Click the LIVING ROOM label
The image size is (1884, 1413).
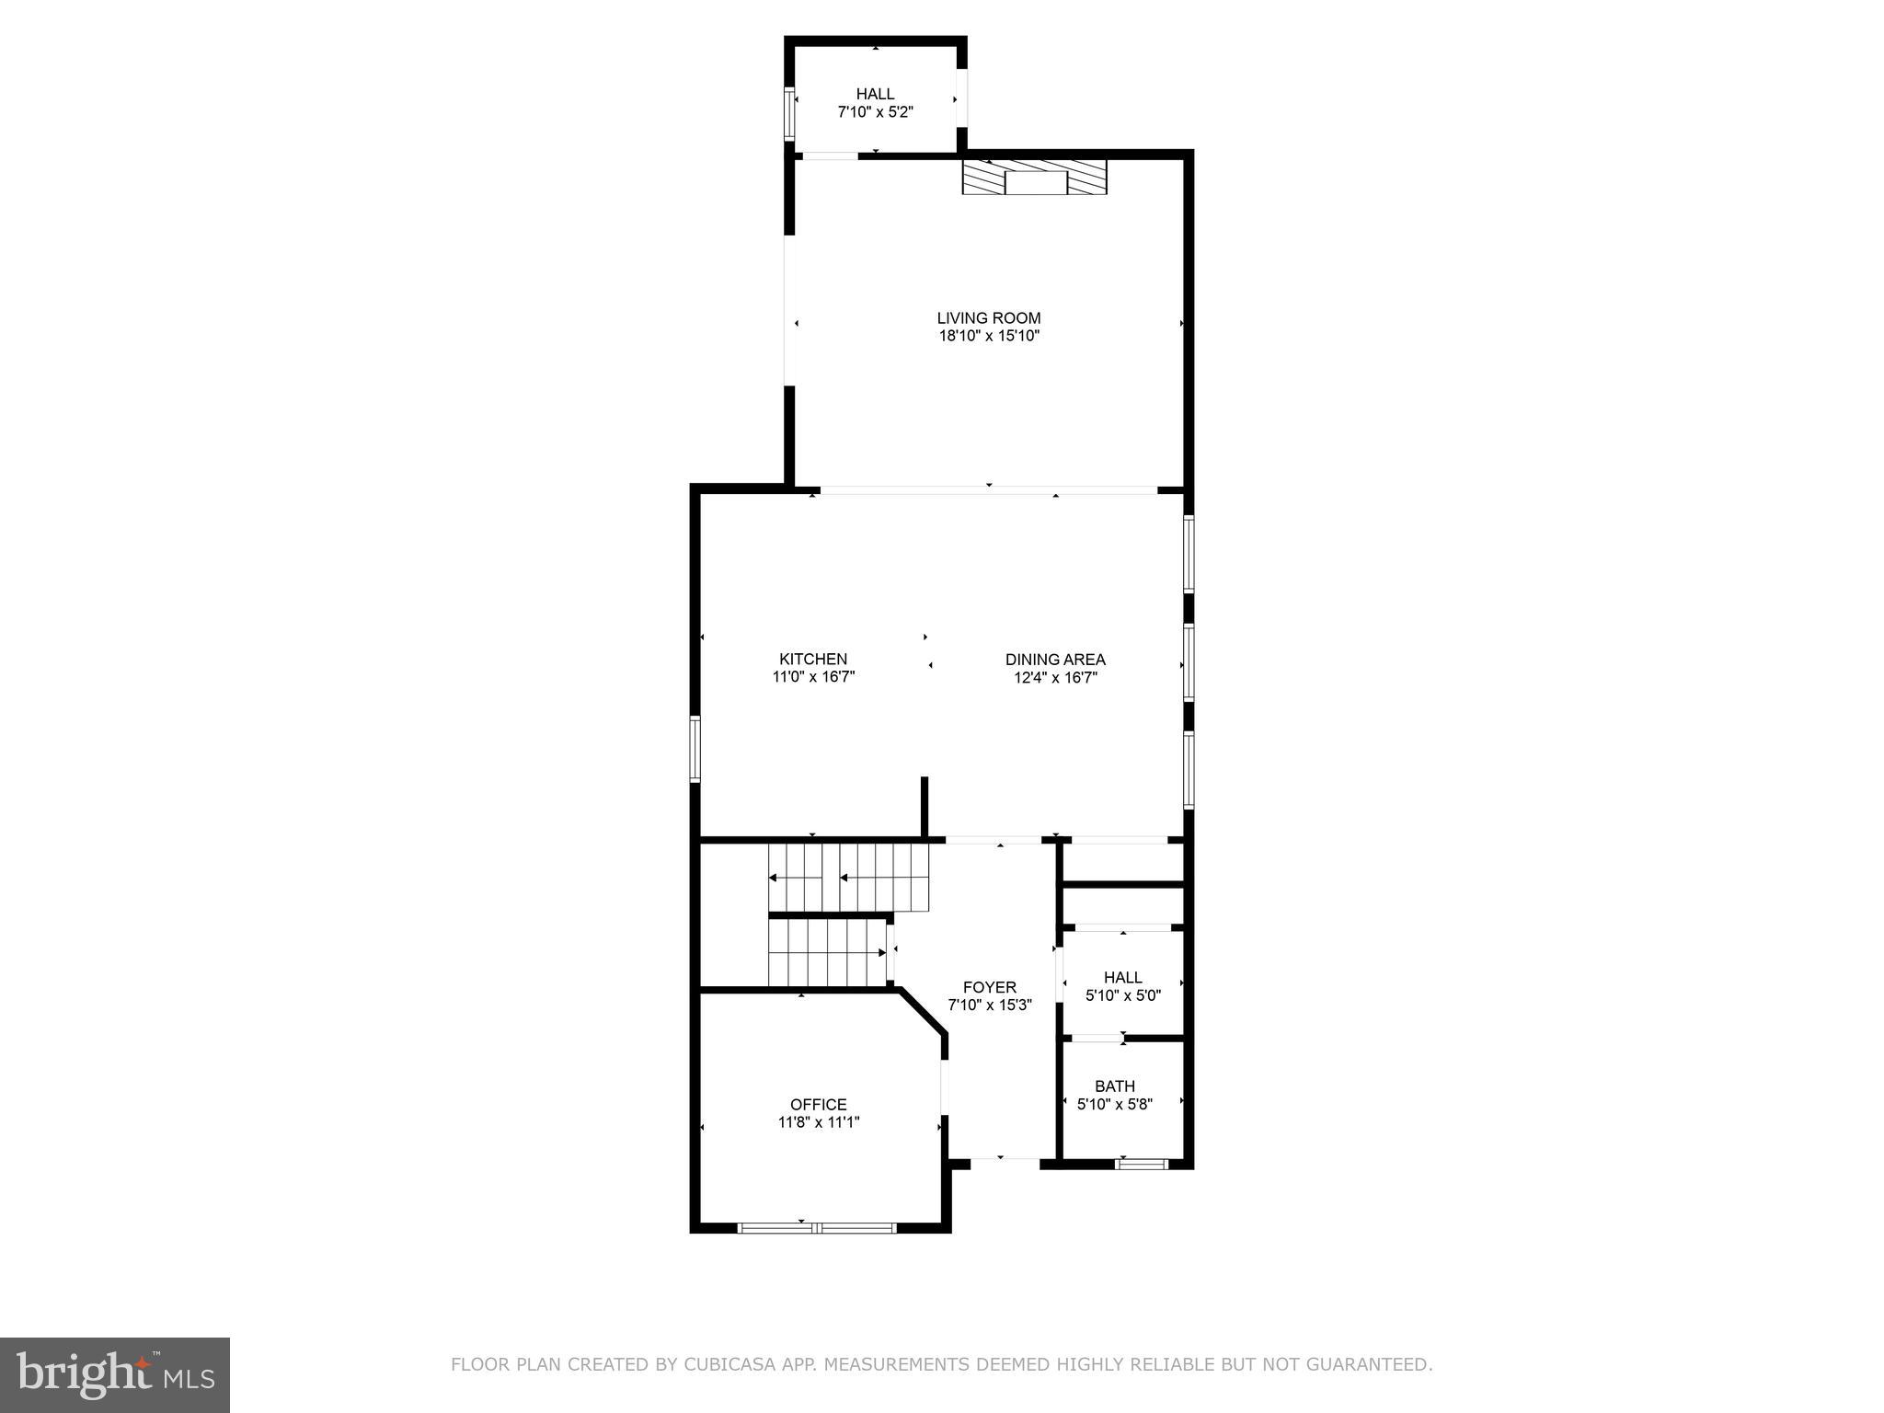[988, 318]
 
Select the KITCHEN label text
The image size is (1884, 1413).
[813, 659]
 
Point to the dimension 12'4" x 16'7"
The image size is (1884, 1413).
[1055, 678]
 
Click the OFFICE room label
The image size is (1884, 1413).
[818, 1105]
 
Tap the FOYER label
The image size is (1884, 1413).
[989, 987]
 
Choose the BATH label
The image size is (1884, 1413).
[1114, 1086]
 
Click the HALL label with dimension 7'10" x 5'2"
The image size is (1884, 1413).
[875, 94]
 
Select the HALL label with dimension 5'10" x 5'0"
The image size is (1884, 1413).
[1122, 977]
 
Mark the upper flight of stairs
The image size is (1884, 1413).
[848, 879]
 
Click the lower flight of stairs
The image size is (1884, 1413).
[828, 952]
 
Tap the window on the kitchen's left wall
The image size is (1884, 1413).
[695, 749]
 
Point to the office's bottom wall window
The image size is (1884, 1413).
[817, 1226]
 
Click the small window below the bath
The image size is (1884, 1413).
[1141, 1164]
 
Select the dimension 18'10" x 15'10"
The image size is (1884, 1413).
[988, 337]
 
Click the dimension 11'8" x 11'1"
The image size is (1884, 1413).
[818, 1122]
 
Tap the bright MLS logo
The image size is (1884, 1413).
[115, 1374]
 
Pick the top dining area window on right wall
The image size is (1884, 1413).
[1189, 553]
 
